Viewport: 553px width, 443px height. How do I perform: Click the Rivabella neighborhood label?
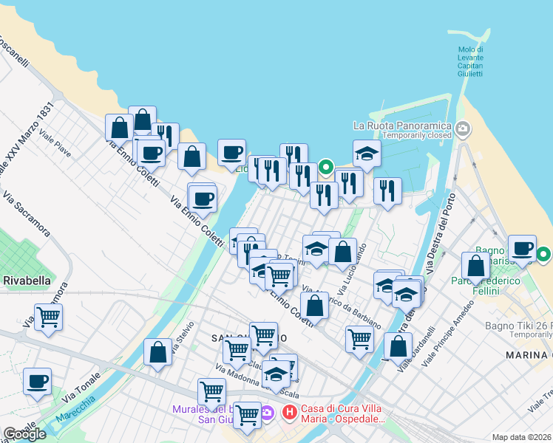coord(27,281)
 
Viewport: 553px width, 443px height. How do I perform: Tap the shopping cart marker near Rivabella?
coord(49,318)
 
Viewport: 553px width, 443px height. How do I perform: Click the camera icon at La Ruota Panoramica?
coord(464,129)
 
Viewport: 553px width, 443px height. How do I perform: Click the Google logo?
coord(24,434)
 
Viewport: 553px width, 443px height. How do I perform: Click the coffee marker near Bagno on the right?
coord(522,249)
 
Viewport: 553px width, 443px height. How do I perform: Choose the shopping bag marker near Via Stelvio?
coord(158,352)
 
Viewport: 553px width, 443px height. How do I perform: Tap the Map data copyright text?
coord(522,437)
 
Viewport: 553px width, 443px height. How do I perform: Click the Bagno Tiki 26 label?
coord(518,326)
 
